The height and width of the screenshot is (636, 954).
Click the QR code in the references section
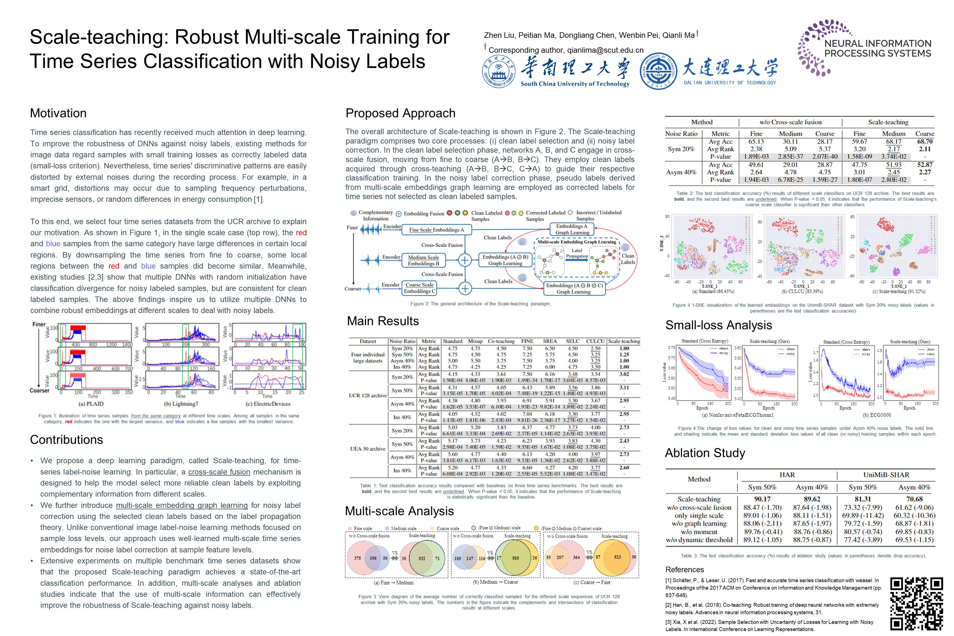[916, 603]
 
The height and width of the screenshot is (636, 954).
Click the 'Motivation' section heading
[59, 113]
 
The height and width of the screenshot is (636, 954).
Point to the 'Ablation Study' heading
[705, 453]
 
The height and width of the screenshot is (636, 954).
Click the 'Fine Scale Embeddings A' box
[436, 230]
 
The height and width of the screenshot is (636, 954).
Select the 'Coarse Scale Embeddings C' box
[419, 288]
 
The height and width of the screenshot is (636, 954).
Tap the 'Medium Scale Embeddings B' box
[423, 260]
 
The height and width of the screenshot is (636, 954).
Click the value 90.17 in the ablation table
[762, 499]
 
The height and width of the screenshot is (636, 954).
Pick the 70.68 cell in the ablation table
[914, 499]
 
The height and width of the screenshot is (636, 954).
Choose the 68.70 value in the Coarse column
[925, 142]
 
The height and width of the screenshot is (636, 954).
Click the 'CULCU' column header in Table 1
[595, 341]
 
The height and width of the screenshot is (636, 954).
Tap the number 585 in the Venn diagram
[516, 558]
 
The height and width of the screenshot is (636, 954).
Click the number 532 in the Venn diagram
[422, 558]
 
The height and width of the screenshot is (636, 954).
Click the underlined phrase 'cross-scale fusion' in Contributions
[219, 472]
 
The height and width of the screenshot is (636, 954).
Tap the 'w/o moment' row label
[699, 532]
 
